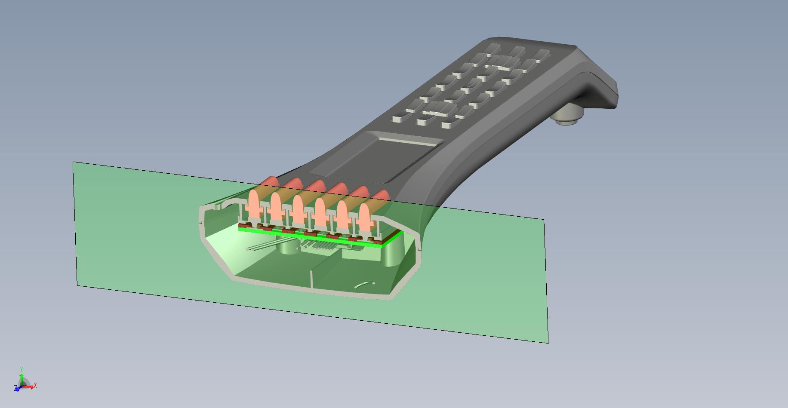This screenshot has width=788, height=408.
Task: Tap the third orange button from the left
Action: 298,208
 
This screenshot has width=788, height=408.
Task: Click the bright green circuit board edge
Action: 310,238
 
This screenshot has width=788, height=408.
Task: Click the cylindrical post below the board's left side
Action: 287,247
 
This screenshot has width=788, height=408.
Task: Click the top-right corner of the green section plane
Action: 544,220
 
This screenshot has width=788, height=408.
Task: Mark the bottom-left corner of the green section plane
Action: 77,285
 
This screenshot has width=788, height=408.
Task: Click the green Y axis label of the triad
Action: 22,369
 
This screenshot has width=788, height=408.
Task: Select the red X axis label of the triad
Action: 35,386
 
